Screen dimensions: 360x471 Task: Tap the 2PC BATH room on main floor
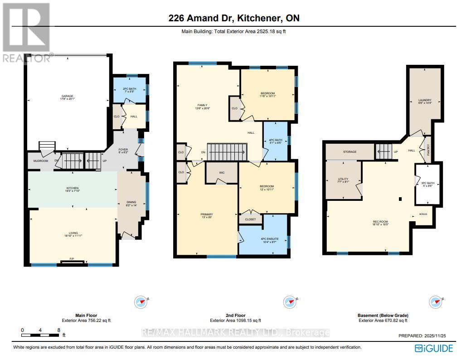(x=129, y=90)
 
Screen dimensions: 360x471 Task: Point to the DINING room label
(x=131, y=203)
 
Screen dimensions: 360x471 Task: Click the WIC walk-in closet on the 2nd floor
(x=222, y=173)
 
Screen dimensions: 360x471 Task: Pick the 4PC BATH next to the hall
(x=275, y=141)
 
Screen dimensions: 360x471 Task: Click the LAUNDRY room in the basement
(x=425, y=102)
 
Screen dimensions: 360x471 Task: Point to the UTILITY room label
(x=343, y=180)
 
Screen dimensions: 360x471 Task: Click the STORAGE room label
(x=350, y=152)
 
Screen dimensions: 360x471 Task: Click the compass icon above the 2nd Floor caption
(x=289, y=302)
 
